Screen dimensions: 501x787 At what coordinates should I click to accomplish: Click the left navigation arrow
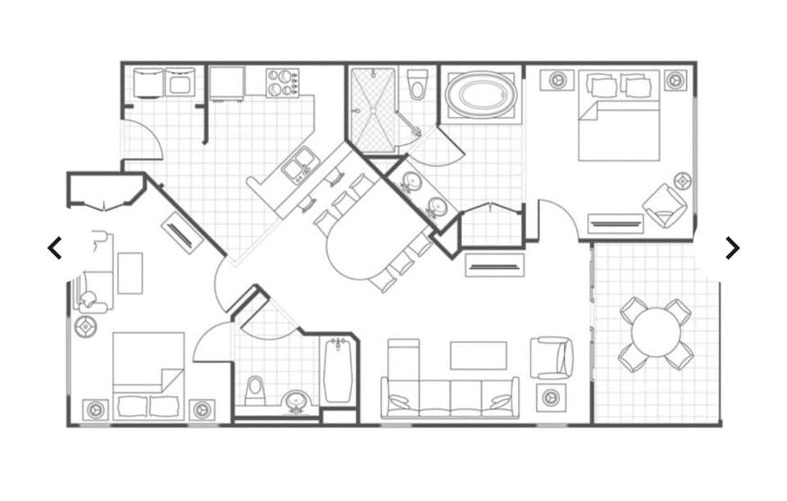55,248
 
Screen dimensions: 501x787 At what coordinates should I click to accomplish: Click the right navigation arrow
732,248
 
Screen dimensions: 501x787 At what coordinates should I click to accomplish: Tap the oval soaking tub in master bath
481,94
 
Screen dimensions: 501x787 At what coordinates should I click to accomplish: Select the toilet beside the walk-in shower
418,84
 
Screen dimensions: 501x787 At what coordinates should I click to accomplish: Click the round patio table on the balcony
656,333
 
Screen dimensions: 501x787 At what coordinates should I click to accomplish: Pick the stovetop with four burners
283,82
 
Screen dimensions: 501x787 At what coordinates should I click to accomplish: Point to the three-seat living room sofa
449,397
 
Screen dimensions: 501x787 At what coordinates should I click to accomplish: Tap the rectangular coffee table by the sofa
479,355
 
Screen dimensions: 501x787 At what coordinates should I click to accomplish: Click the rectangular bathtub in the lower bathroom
338,371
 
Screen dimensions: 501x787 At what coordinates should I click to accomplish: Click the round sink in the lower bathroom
296,401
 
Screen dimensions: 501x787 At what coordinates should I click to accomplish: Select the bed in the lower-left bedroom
148,373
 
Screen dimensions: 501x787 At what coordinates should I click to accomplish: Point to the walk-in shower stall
373,109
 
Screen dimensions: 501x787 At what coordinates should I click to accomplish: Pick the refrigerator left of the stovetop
226,83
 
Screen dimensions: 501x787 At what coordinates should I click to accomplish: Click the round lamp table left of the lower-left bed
85,327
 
